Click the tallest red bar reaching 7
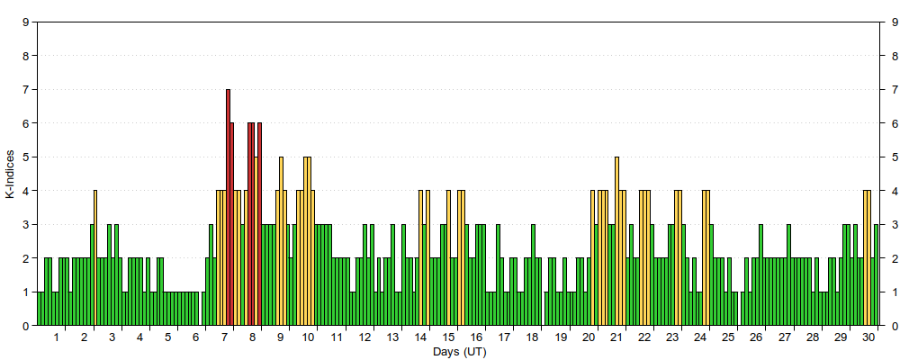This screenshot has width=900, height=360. tap(228, 208)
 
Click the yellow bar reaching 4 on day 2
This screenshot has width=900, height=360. tap(95, 257)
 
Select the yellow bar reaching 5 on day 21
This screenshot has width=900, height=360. tap(617, 241)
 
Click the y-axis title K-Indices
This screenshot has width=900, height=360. tap(10, 174)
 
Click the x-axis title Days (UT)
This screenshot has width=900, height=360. tap(459, 352)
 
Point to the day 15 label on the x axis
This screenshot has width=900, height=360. tap(449, 337)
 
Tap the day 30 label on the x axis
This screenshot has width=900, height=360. tap(868, 337)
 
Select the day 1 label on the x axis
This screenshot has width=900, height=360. tap(56, 337)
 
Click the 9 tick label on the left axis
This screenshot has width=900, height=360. tap(24, 22)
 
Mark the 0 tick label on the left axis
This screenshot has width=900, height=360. tap(24, 326)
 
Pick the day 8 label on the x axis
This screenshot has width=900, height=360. tap(253, 337)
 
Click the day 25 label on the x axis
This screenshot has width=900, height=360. tap(728, 337)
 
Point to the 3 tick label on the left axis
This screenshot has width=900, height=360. tap(24, 225)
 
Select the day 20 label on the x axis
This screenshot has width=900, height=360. tap(589, 337)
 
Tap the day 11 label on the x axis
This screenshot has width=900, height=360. tap(337, 337)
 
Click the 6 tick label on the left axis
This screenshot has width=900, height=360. tap(24, 123)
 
